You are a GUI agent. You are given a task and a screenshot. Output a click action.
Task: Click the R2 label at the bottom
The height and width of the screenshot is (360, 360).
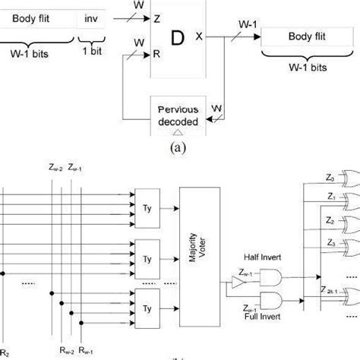click(x=5, y=352)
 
